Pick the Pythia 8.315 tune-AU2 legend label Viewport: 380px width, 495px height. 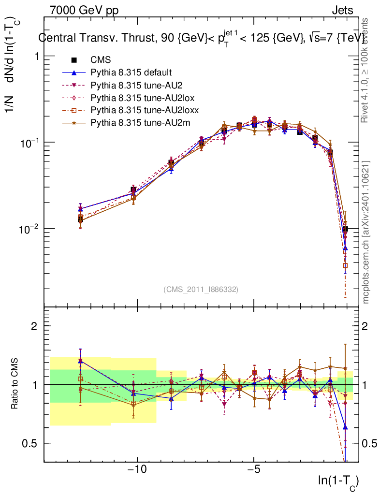pyautogui.click(x=135, y=85)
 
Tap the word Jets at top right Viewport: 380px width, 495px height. pyautogui.click(x=342, y=10)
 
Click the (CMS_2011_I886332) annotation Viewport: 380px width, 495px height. pyautogui.click(x=201, y=289)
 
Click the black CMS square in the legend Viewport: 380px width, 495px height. pyautogui.click(x=74, y=60)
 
